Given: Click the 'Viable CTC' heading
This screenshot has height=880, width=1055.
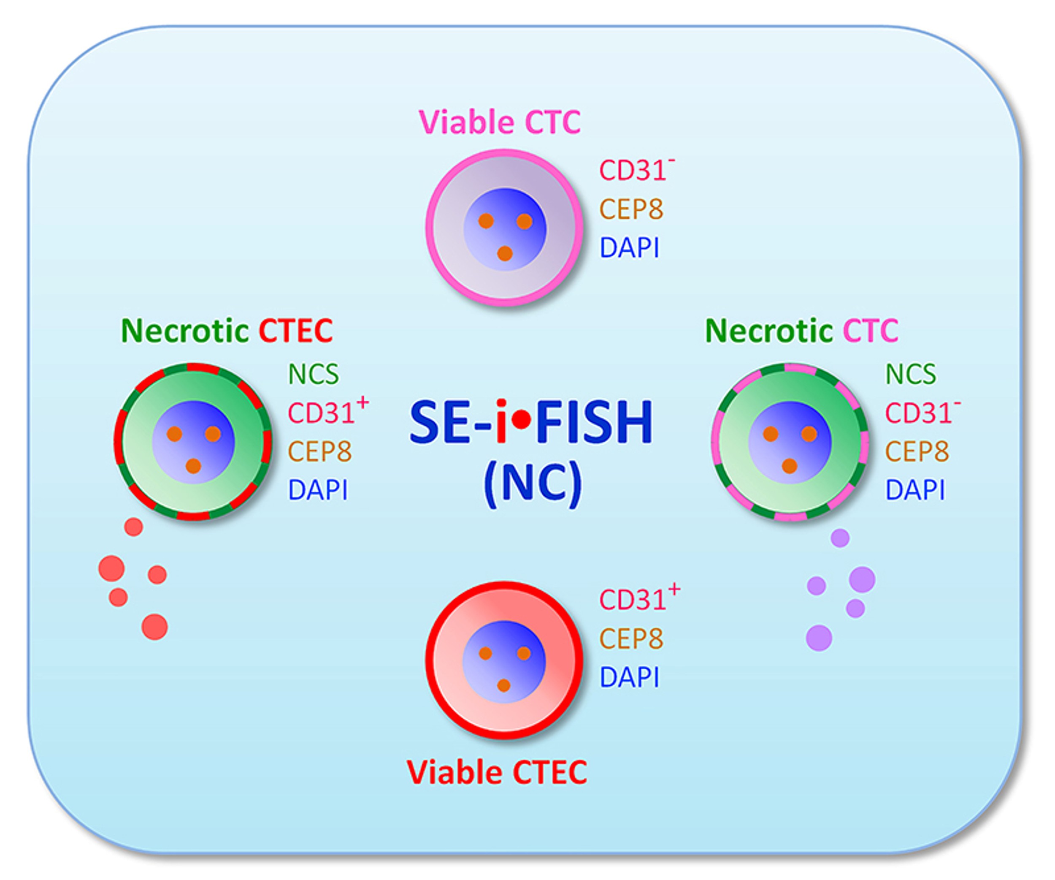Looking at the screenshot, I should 500,122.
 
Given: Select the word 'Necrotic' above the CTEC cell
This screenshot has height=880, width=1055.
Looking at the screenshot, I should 185,331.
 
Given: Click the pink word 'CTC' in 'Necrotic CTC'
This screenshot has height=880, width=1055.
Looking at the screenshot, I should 871,331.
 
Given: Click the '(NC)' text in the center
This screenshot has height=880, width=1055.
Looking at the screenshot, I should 533,483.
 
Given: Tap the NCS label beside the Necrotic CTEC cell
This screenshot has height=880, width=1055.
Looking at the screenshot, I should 314,374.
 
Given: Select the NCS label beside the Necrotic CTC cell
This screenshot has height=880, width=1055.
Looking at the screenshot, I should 910,374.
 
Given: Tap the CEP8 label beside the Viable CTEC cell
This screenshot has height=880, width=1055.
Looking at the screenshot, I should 631,639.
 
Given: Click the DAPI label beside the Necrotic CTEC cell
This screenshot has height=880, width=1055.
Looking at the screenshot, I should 317,490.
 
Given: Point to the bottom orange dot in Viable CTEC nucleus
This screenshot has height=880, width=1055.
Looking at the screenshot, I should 504,685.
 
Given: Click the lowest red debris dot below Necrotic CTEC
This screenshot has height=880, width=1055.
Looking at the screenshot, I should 155,627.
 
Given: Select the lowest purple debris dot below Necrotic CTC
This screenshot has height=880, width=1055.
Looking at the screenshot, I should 819,638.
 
